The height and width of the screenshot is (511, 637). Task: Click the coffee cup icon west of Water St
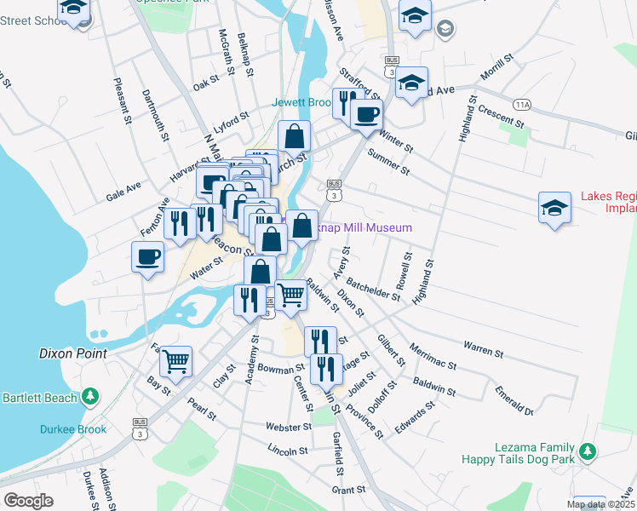point(147,255)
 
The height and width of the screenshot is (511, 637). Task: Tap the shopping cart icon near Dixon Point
point(175,360)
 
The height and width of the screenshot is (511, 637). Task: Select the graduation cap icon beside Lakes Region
point(554,208)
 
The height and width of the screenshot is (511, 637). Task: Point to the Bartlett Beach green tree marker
point(89,397)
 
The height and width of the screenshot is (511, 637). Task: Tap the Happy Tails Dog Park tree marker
point(586,452)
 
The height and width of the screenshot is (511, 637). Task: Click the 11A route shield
point(522,105)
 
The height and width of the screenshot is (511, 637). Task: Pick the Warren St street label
point(484,348)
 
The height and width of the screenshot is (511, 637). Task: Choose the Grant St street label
point(348,490)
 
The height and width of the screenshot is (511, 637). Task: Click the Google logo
point(28,501)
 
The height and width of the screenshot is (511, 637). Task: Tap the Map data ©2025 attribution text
point(600,504)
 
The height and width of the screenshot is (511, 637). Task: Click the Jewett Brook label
point(301,102)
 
